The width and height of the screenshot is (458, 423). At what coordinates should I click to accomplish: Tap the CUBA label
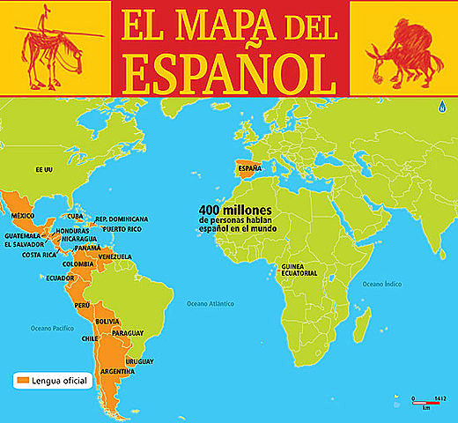pos(75,216)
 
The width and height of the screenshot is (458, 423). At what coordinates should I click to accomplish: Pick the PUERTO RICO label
pos(122,228)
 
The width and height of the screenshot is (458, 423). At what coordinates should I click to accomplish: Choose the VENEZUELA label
pos(115,256)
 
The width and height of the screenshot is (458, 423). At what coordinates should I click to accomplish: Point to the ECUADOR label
pos(61,278)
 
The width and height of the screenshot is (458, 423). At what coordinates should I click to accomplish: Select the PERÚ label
pos(83,304)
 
